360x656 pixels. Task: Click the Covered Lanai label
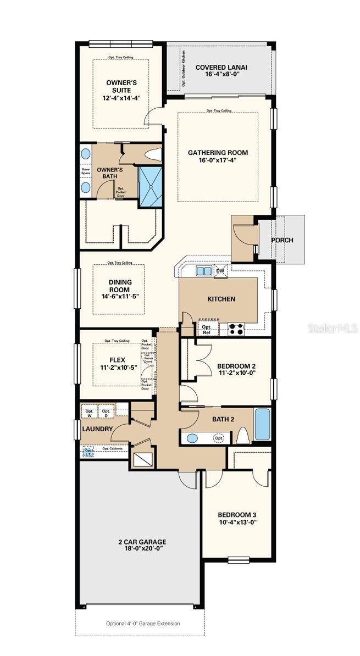(x=221, y=68)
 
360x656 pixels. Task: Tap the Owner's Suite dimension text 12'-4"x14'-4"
(x=121, y=98)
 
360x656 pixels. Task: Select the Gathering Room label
(x=218, y=153)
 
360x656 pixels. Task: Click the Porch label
(x=282, y=240)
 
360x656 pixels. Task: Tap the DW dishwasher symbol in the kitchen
(x=220, y=271)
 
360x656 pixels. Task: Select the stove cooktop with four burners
(x=236, y=329)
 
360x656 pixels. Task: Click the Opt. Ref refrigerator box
(x=207, y=330)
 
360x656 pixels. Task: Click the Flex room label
(x=117, y=360)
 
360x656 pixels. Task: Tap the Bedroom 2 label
(x=236, y=366)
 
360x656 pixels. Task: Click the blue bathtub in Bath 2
(x=262, y=425)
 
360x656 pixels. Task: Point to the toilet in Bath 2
(x=243, y=437)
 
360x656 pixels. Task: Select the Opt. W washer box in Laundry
(x=89, y=413)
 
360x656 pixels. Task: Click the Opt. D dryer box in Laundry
(x=106, y=413)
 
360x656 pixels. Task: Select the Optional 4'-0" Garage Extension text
(x=143, y=624)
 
